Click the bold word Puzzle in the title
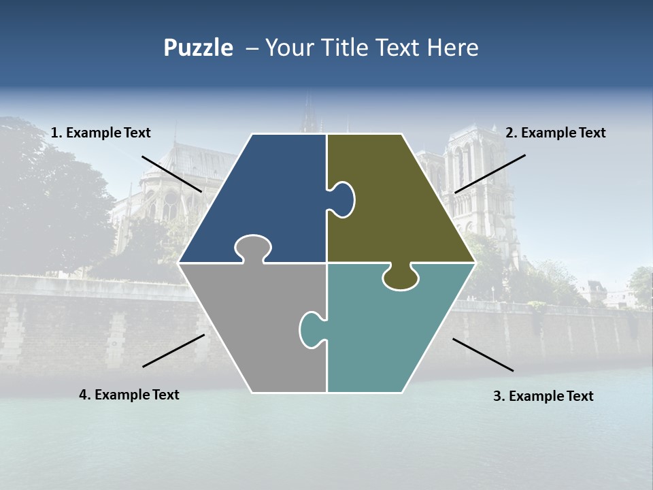coord(198,48)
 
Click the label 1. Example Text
coord(101,133)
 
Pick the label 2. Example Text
coord(555,133)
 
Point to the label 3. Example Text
coord(543,396)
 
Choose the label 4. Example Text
coord(129,395)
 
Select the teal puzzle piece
coord(388,327)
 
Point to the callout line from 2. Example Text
coord(490,174)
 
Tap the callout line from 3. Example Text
coord(483,355)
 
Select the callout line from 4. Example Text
coord(173,350)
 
